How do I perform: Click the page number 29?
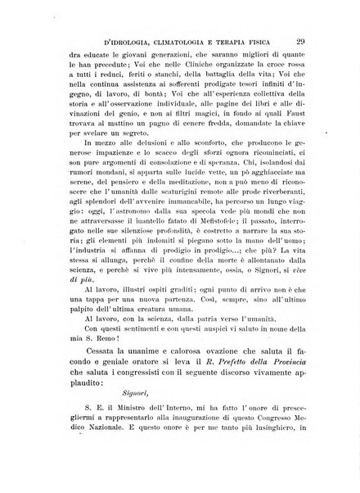click(301, 38)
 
